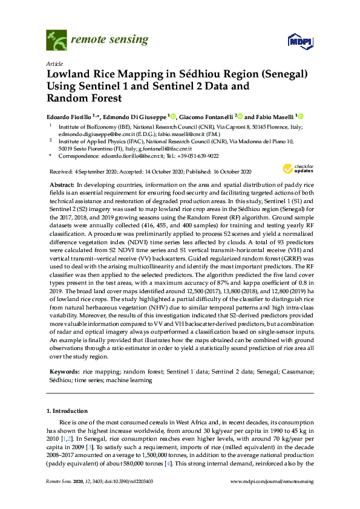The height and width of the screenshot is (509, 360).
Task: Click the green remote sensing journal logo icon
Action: tap(56, 40)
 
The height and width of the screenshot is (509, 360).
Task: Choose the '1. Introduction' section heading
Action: tap(68, 411)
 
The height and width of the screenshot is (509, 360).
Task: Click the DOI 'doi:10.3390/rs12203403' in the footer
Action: tap(119, 481)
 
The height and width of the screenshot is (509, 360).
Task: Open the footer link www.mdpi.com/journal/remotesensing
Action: tap(272, 481)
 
